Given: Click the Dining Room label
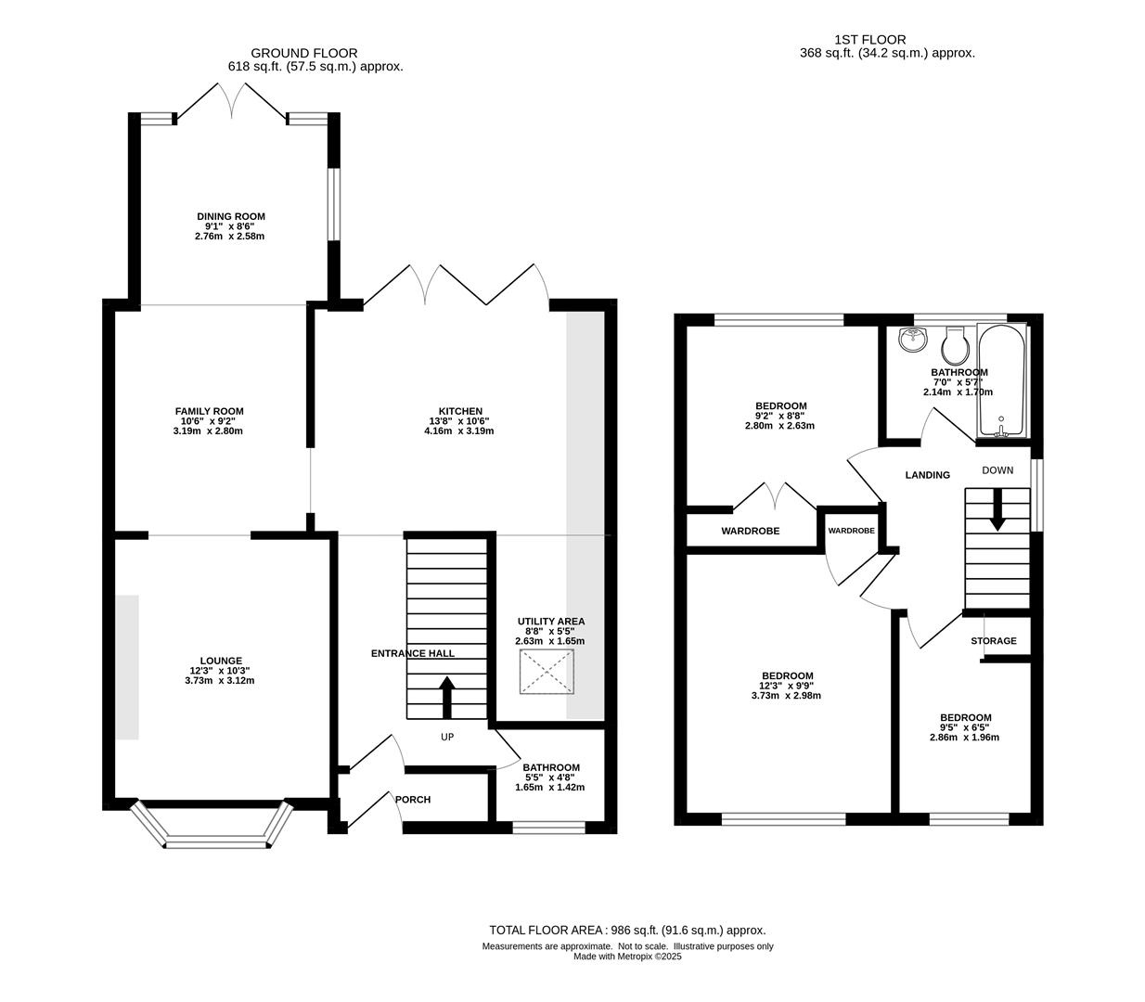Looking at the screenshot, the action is [x=230, y=216].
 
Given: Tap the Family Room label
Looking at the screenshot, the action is [x=210, y=411].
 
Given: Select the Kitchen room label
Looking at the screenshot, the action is [x=460, y=411].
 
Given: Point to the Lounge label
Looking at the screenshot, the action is [x=221, y=661].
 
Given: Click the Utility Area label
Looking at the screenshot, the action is [x=550, y=621].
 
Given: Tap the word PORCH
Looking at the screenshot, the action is [x=413, y=800].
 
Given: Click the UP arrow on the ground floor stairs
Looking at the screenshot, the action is [x=446, y=697].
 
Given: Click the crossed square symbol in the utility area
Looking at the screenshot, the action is [x=547, y=672].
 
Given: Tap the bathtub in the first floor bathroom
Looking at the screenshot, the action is [x=1001, y=380].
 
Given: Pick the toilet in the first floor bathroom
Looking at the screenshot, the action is [x=956, y=345].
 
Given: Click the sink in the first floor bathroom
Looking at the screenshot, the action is [x=913, y=339].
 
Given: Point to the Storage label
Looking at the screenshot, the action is [x=994, y=640].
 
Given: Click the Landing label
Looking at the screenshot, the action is [x=927, y=475].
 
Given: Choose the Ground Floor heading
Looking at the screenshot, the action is [x=303, y=53].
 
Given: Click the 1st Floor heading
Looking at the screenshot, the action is [x=870, y=40].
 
